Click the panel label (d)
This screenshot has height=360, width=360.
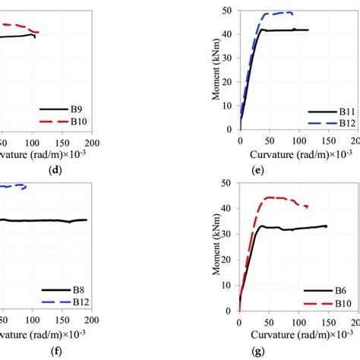[55, 170]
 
